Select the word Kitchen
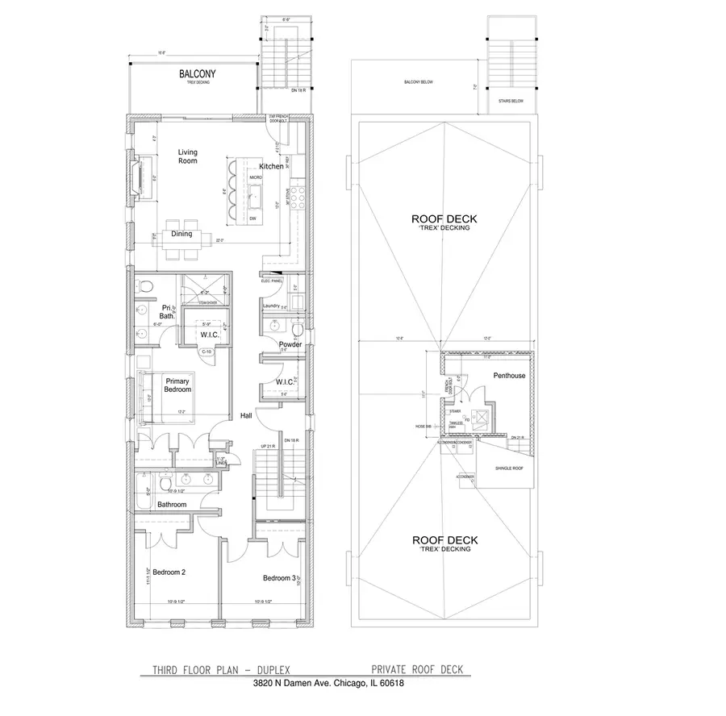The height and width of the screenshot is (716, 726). (x=271, y=166)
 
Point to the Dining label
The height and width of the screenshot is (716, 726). (x=181, y=234)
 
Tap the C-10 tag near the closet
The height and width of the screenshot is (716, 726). (x=207, y=352)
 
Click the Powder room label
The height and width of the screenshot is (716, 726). (x=290, y=344)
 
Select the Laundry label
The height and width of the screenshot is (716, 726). (x=272, y=306)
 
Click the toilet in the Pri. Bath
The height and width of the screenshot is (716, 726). (x=144, y=286)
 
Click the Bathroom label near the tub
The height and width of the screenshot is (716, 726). (x=172, y=505)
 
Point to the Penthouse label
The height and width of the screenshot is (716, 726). (x=509, y=376)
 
